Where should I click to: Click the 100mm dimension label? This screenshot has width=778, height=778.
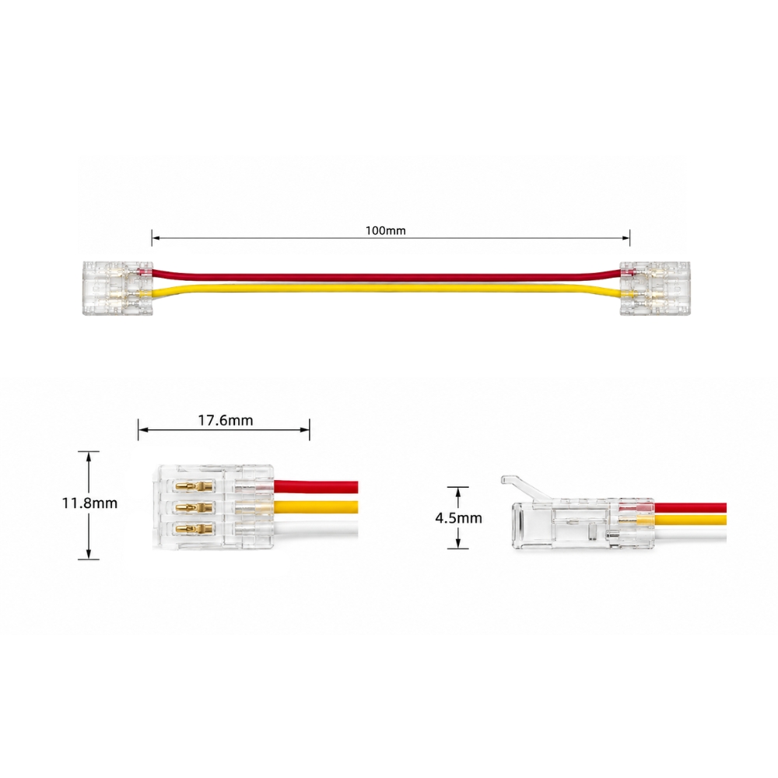(386, 231)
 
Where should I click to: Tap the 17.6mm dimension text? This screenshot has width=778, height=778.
(226, 421)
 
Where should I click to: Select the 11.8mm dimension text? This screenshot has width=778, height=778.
(89, 503)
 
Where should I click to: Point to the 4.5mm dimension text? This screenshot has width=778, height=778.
(458, 518)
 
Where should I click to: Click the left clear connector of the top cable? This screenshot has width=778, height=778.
(117, 288)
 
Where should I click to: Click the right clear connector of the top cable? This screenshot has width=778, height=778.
(654, 288)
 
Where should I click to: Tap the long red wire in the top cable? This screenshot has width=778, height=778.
(386, 277)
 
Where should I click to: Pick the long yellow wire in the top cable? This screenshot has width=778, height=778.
(386, 289)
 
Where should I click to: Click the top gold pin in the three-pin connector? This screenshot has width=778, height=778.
(195, 485)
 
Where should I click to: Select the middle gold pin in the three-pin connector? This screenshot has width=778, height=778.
(195, 507)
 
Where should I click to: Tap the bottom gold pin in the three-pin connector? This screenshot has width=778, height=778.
(195, 529)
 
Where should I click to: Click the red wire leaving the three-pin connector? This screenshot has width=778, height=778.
(316, 487)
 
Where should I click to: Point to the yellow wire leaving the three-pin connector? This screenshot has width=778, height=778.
(316, 507)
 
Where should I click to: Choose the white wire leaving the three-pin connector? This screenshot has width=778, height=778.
(316, 528)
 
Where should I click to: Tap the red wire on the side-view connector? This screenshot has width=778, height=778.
(690, 509)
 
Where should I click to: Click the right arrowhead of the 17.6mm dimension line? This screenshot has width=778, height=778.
(305, 429)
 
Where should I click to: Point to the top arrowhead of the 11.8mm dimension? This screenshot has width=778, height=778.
(89, 457)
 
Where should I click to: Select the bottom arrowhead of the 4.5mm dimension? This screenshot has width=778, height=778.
(458, 543)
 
